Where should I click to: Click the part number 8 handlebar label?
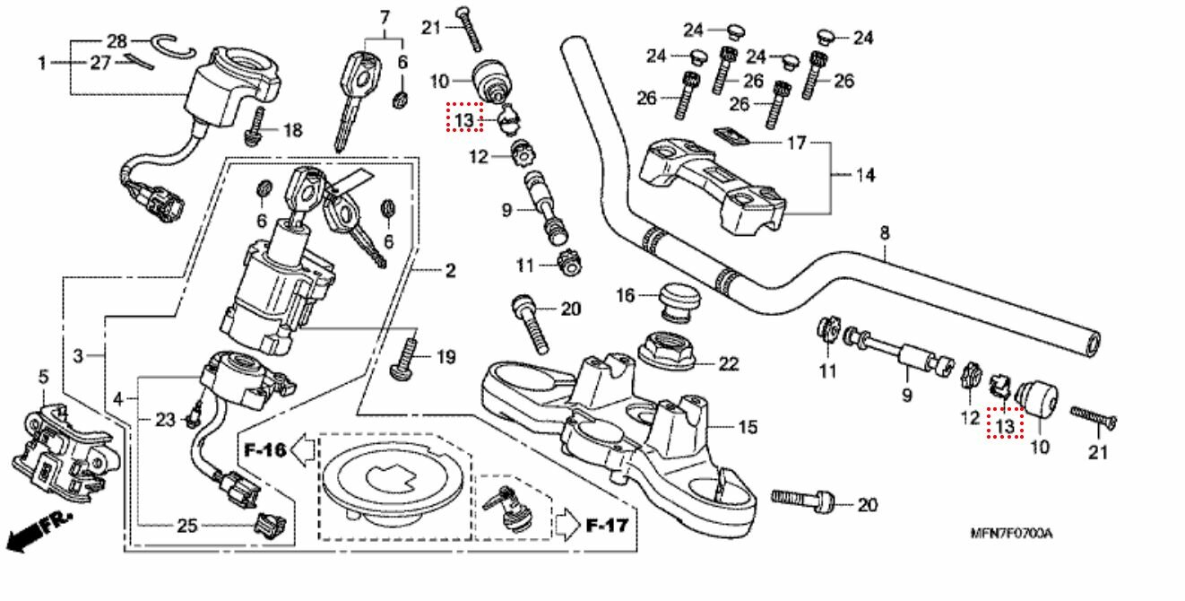(884, 233)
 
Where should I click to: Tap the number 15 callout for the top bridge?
(747, 427)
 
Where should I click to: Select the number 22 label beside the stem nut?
(728, 363)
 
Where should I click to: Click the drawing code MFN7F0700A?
(1012, 534)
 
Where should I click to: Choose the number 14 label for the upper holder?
(863, 175)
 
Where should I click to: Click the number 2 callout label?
(449, 270)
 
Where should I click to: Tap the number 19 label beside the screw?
(445, 358)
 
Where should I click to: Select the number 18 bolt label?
(292, 131)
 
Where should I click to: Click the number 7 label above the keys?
(385, 16)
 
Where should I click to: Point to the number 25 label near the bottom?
(186, 526)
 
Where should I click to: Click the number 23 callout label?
(165, 418)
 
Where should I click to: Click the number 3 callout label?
(78, 357)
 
